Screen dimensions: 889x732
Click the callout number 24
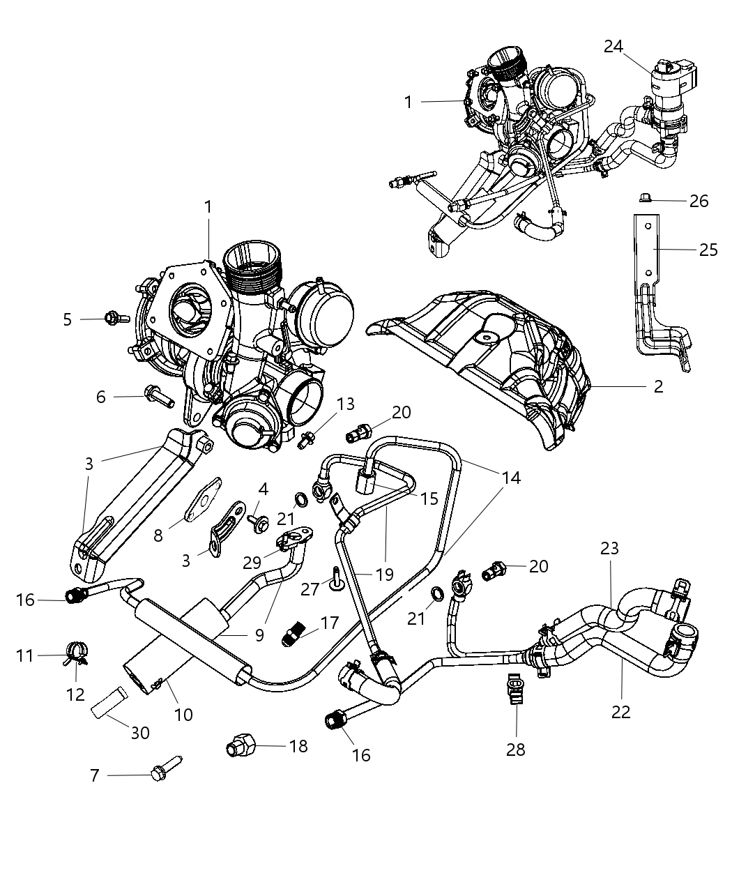(x=613, y=46)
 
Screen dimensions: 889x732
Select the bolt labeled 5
(x=116, y=318)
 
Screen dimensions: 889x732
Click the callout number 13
(x=345, y=404)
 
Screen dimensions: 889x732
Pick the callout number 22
(x=620, y=712)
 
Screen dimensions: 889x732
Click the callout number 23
(x=609, y=549)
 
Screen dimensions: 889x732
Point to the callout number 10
(x=183, y=715)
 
